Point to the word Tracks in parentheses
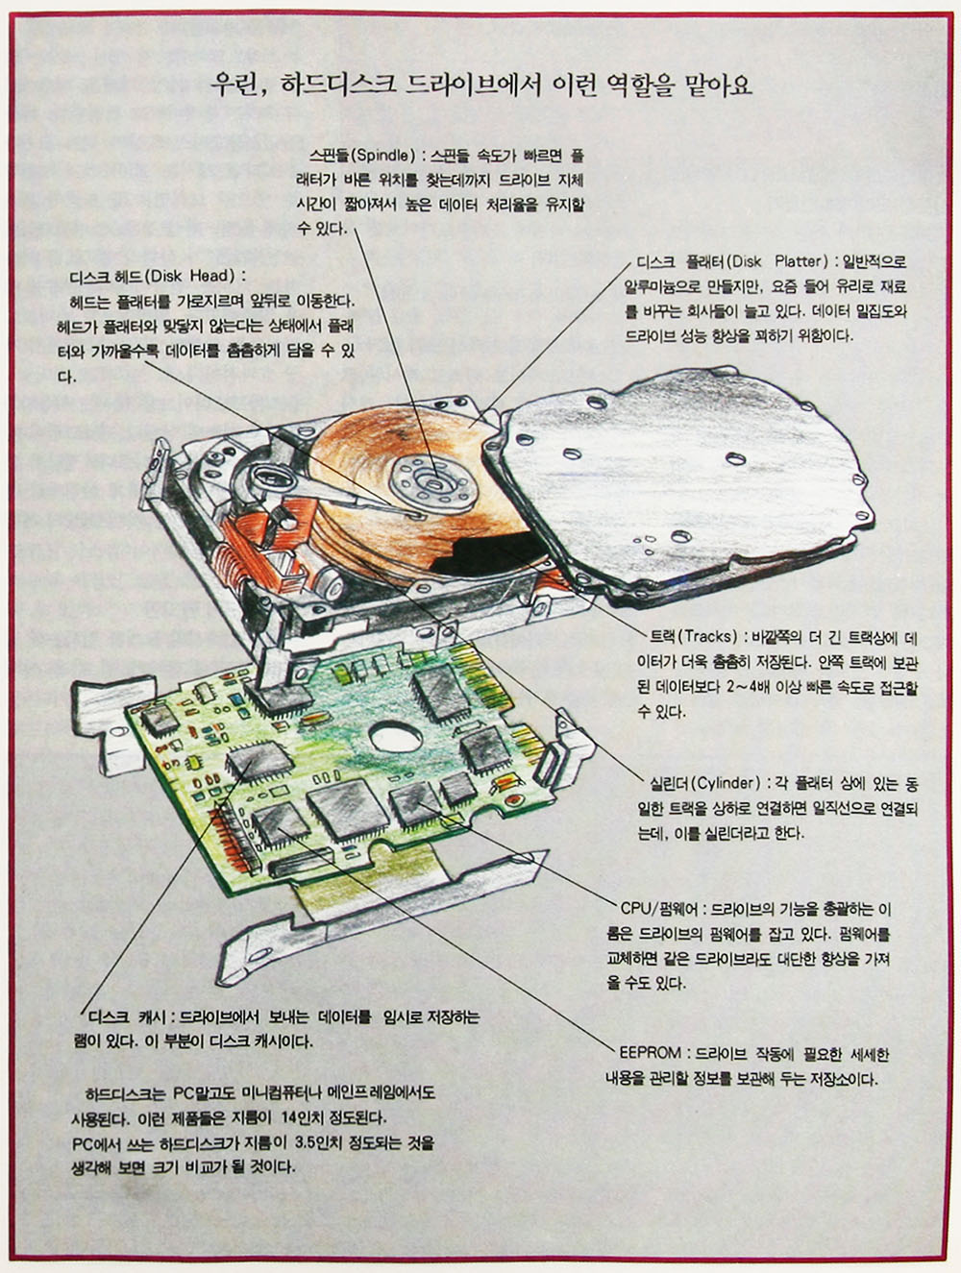coord(710,637)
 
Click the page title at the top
coord(480,86)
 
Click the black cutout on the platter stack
coord(471,557)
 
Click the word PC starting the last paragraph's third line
coord(85,1143)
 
